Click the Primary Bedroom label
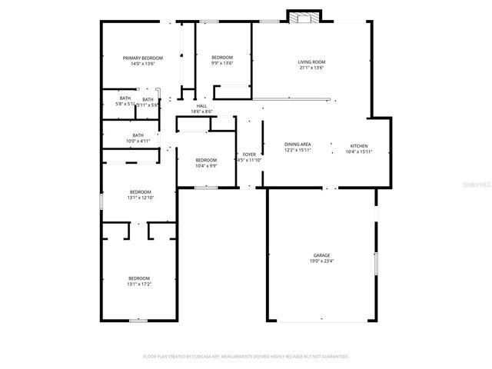coord(144,58)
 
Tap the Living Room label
coord(311,61)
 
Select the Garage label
coord(321,255)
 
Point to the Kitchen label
coord(359,145)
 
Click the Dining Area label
coord(298,145)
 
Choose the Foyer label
coord(249,155)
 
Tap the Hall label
coord(201,106)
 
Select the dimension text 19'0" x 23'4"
coord(321,261)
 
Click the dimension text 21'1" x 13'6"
coord(311,68)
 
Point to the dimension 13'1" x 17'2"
coord(139,284)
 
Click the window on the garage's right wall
coord(376,264)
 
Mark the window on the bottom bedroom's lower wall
coord(138,321)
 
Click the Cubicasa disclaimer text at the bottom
coord(245,357)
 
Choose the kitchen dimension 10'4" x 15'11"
coord(359,151)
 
